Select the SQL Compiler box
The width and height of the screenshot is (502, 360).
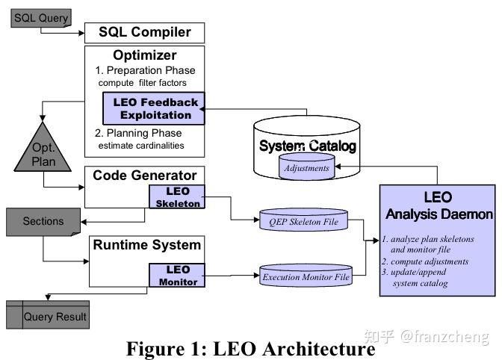click(144, 32)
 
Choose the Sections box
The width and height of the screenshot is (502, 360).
click(43, 222)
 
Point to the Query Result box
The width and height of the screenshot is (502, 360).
click(55, 316)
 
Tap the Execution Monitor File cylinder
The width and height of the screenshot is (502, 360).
click(306, 277)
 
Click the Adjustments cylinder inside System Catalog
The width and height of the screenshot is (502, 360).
click(306, 168)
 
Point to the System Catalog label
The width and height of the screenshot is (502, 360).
click(307, 146)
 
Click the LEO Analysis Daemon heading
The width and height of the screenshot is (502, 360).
click(438, 206)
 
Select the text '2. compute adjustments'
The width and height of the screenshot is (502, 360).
click(426, 261)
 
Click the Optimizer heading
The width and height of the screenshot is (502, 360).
click(144, 55)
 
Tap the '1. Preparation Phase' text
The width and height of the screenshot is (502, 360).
click(146, 69)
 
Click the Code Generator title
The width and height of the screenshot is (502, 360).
click(144, 176)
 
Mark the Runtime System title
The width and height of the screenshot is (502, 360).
click(146, 245)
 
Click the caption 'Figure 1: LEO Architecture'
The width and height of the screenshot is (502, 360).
click(250, 348)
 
